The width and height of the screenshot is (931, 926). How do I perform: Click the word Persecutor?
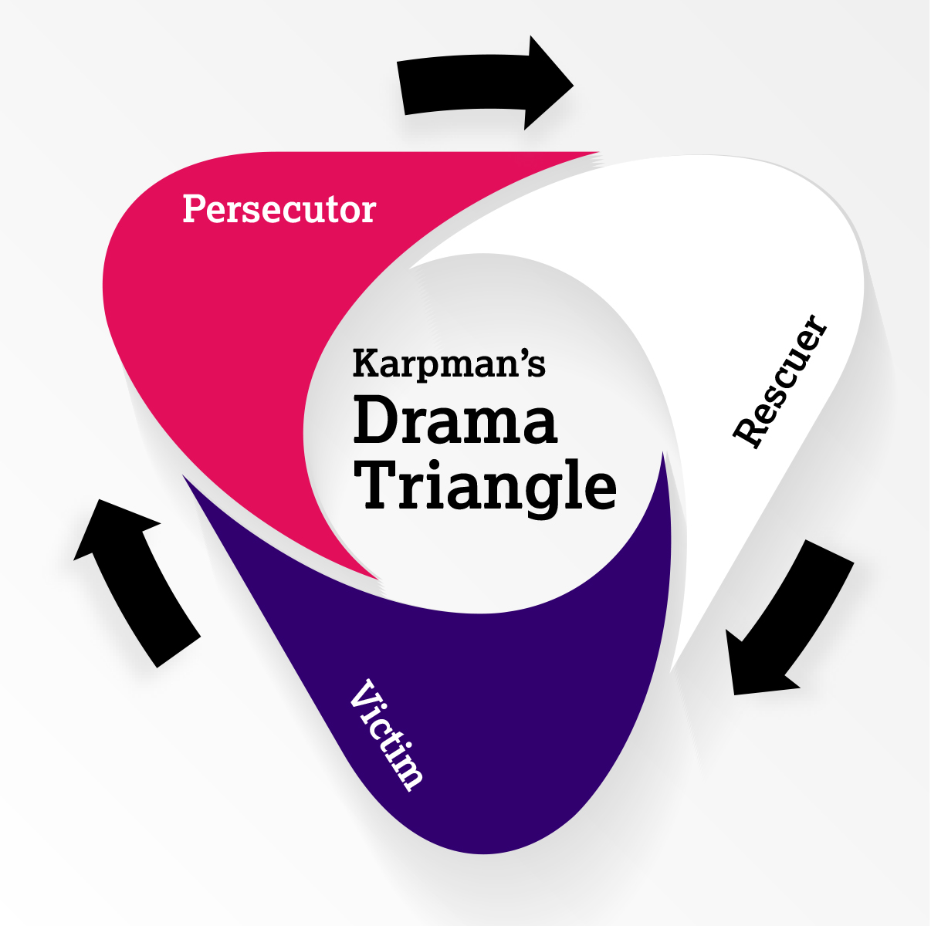(279, 210)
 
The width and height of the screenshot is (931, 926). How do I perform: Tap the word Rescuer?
(780, 381)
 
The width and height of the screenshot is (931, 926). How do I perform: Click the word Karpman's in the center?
(449, 364)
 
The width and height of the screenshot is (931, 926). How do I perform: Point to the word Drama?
(455, 421)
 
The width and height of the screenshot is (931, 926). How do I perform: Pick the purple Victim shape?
(502, 710)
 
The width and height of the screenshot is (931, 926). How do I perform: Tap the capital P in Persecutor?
(193, 209)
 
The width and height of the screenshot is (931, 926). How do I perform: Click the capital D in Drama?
(375, 421)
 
